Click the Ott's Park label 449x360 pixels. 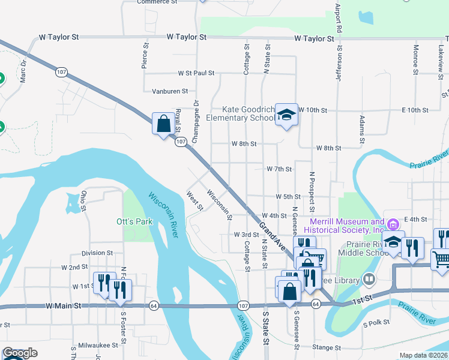(134, 221)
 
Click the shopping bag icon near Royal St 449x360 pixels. (163, 124)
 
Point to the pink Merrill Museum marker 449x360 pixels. (394, 224)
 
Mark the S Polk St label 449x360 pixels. (376, 323)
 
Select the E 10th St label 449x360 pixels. (414, 110)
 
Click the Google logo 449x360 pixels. (20, 353)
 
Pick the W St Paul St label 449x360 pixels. (196, 73)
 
